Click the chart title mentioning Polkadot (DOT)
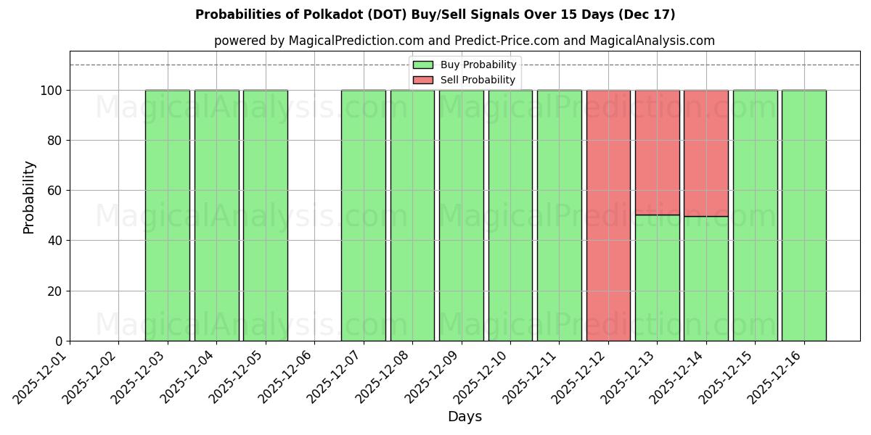(x=435, y=14)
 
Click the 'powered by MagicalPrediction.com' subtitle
(x=464, y=41)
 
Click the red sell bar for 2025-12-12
(x=608, y=215)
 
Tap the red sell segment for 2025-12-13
(x=657, y=152)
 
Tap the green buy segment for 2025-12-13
(x=657, y=278)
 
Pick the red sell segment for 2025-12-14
(x=706, y=153)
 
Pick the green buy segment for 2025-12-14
(x=706, y=278)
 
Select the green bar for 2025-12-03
(x=167, y=215)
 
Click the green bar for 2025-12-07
(x=363, y=215)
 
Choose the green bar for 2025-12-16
(x=803, y=215)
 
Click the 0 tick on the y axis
(x=60, y=341)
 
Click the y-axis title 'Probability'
(x=29, y=196)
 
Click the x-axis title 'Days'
(x=464, y=417)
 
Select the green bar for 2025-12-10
(x=510, y=215)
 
